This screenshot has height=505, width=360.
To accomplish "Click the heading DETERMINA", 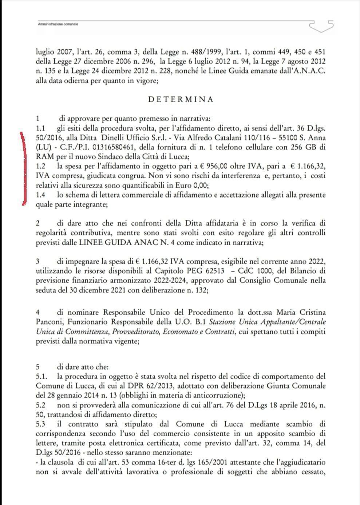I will tap(181, 99).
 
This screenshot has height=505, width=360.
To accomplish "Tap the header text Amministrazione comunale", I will tap(58, 24).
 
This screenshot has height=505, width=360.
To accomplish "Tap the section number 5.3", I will tap(41, 424).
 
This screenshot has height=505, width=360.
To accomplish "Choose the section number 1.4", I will tap(41, 195).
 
